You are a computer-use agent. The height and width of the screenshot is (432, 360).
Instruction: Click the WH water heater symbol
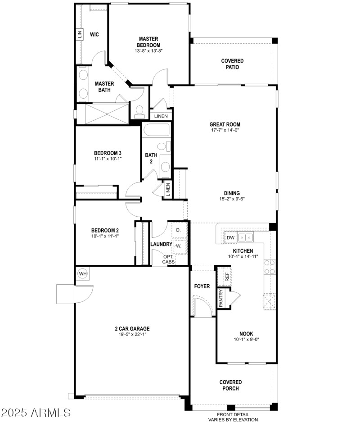pyautogui.click(x=82, y=273)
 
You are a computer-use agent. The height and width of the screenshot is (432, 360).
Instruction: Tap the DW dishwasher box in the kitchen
pyautogui.click(x=230, y=238)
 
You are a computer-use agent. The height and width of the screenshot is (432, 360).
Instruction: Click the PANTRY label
pyautogui.click(x=221, y=298)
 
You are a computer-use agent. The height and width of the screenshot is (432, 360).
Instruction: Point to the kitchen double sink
pyautogui.click(x=245, y=237)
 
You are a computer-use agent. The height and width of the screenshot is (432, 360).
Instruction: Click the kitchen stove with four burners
pyautogui.click(x=270, y=267)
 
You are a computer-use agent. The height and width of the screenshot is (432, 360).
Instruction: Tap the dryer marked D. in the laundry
pyautogui.click(x=179, y=230)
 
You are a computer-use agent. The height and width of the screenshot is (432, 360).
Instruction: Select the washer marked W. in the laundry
pyautogui.click(x=179, y=246)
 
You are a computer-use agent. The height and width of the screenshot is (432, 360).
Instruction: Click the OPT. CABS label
pyautogui.click(x=169, y=259)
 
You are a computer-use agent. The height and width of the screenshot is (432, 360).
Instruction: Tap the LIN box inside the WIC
pyautogui.click(x=80, y=34)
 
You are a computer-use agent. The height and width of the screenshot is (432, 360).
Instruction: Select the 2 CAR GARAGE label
pyautogui.click(x=132, y=328)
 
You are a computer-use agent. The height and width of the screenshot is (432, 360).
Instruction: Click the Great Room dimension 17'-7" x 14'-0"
pyautogui.click(x=225, y=130)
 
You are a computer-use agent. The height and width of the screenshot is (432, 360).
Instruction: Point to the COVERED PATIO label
pyautogui.click(x=232, y=64)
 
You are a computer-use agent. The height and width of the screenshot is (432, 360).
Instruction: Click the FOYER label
pyautogui.click(x=202, y=286)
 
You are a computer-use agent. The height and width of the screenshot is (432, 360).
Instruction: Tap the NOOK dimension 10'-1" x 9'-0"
pyautogui.click(x=246, y=339)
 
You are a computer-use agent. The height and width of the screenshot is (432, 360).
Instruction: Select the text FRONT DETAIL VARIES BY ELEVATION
pyautogui.click(x=233, y=417)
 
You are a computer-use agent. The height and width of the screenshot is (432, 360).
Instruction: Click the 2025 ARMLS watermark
pyautogui.click(x=36, y=413)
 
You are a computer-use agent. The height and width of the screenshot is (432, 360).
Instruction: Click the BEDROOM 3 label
pyautogui.click(x=108, y=153)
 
